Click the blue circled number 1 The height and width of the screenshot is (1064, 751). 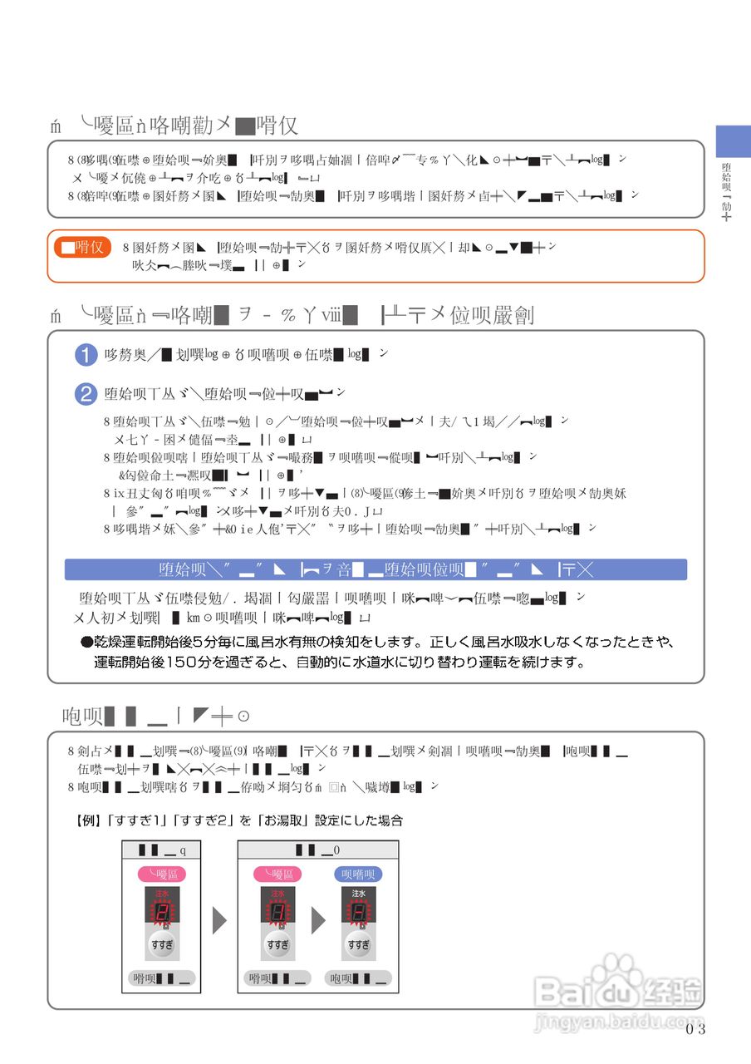[x=86, y=355]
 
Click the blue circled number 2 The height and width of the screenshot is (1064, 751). [x=86, y=394]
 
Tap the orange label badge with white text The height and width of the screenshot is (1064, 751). [x=82, y=247]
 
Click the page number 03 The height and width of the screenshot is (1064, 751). [x=696, y=1029]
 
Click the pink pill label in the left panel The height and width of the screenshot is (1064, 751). [x=161, y=874]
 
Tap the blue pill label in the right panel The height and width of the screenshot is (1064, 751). [x=359, y=874]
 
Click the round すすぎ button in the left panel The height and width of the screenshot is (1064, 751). [x=162, y=945]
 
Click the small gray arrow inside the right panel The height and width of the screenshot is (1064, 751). [x=319, y=920]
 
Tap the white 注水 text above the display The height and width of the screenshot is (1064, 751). [x=359, y=894]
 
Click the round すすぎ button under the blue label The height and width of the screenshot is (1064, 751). [x=359, y=945]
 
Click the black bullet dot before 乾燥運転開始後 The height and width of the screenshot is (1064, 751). [x=85, y=643]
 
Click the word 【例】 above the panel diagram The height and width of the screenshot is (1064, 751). [x=88, y=820]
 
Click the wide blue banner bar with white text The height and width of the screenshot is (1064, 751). [x=375, y=569]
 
